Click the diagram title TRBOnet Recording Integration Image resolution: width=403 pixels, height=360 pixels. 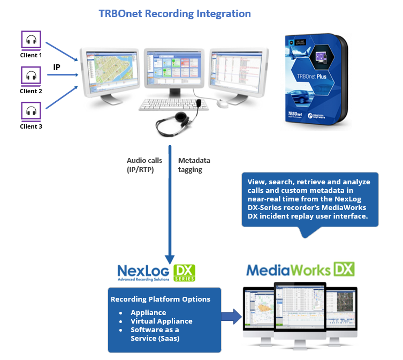[174, 13]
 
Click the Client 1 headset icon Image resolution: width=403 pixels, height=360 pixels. [31, 40]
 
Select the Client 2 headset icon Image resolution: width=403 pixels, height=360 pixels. [31, 76]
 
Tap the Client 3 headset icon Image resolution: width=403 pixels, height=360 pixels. [31, 111]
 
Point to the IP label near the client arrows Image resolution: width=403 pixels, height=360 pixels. [57, 67]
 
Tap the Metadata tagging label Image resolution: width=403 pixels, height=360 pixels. [194, 165]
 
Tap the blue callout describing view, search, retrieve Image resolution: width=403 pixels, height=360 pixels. [309, 199]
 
